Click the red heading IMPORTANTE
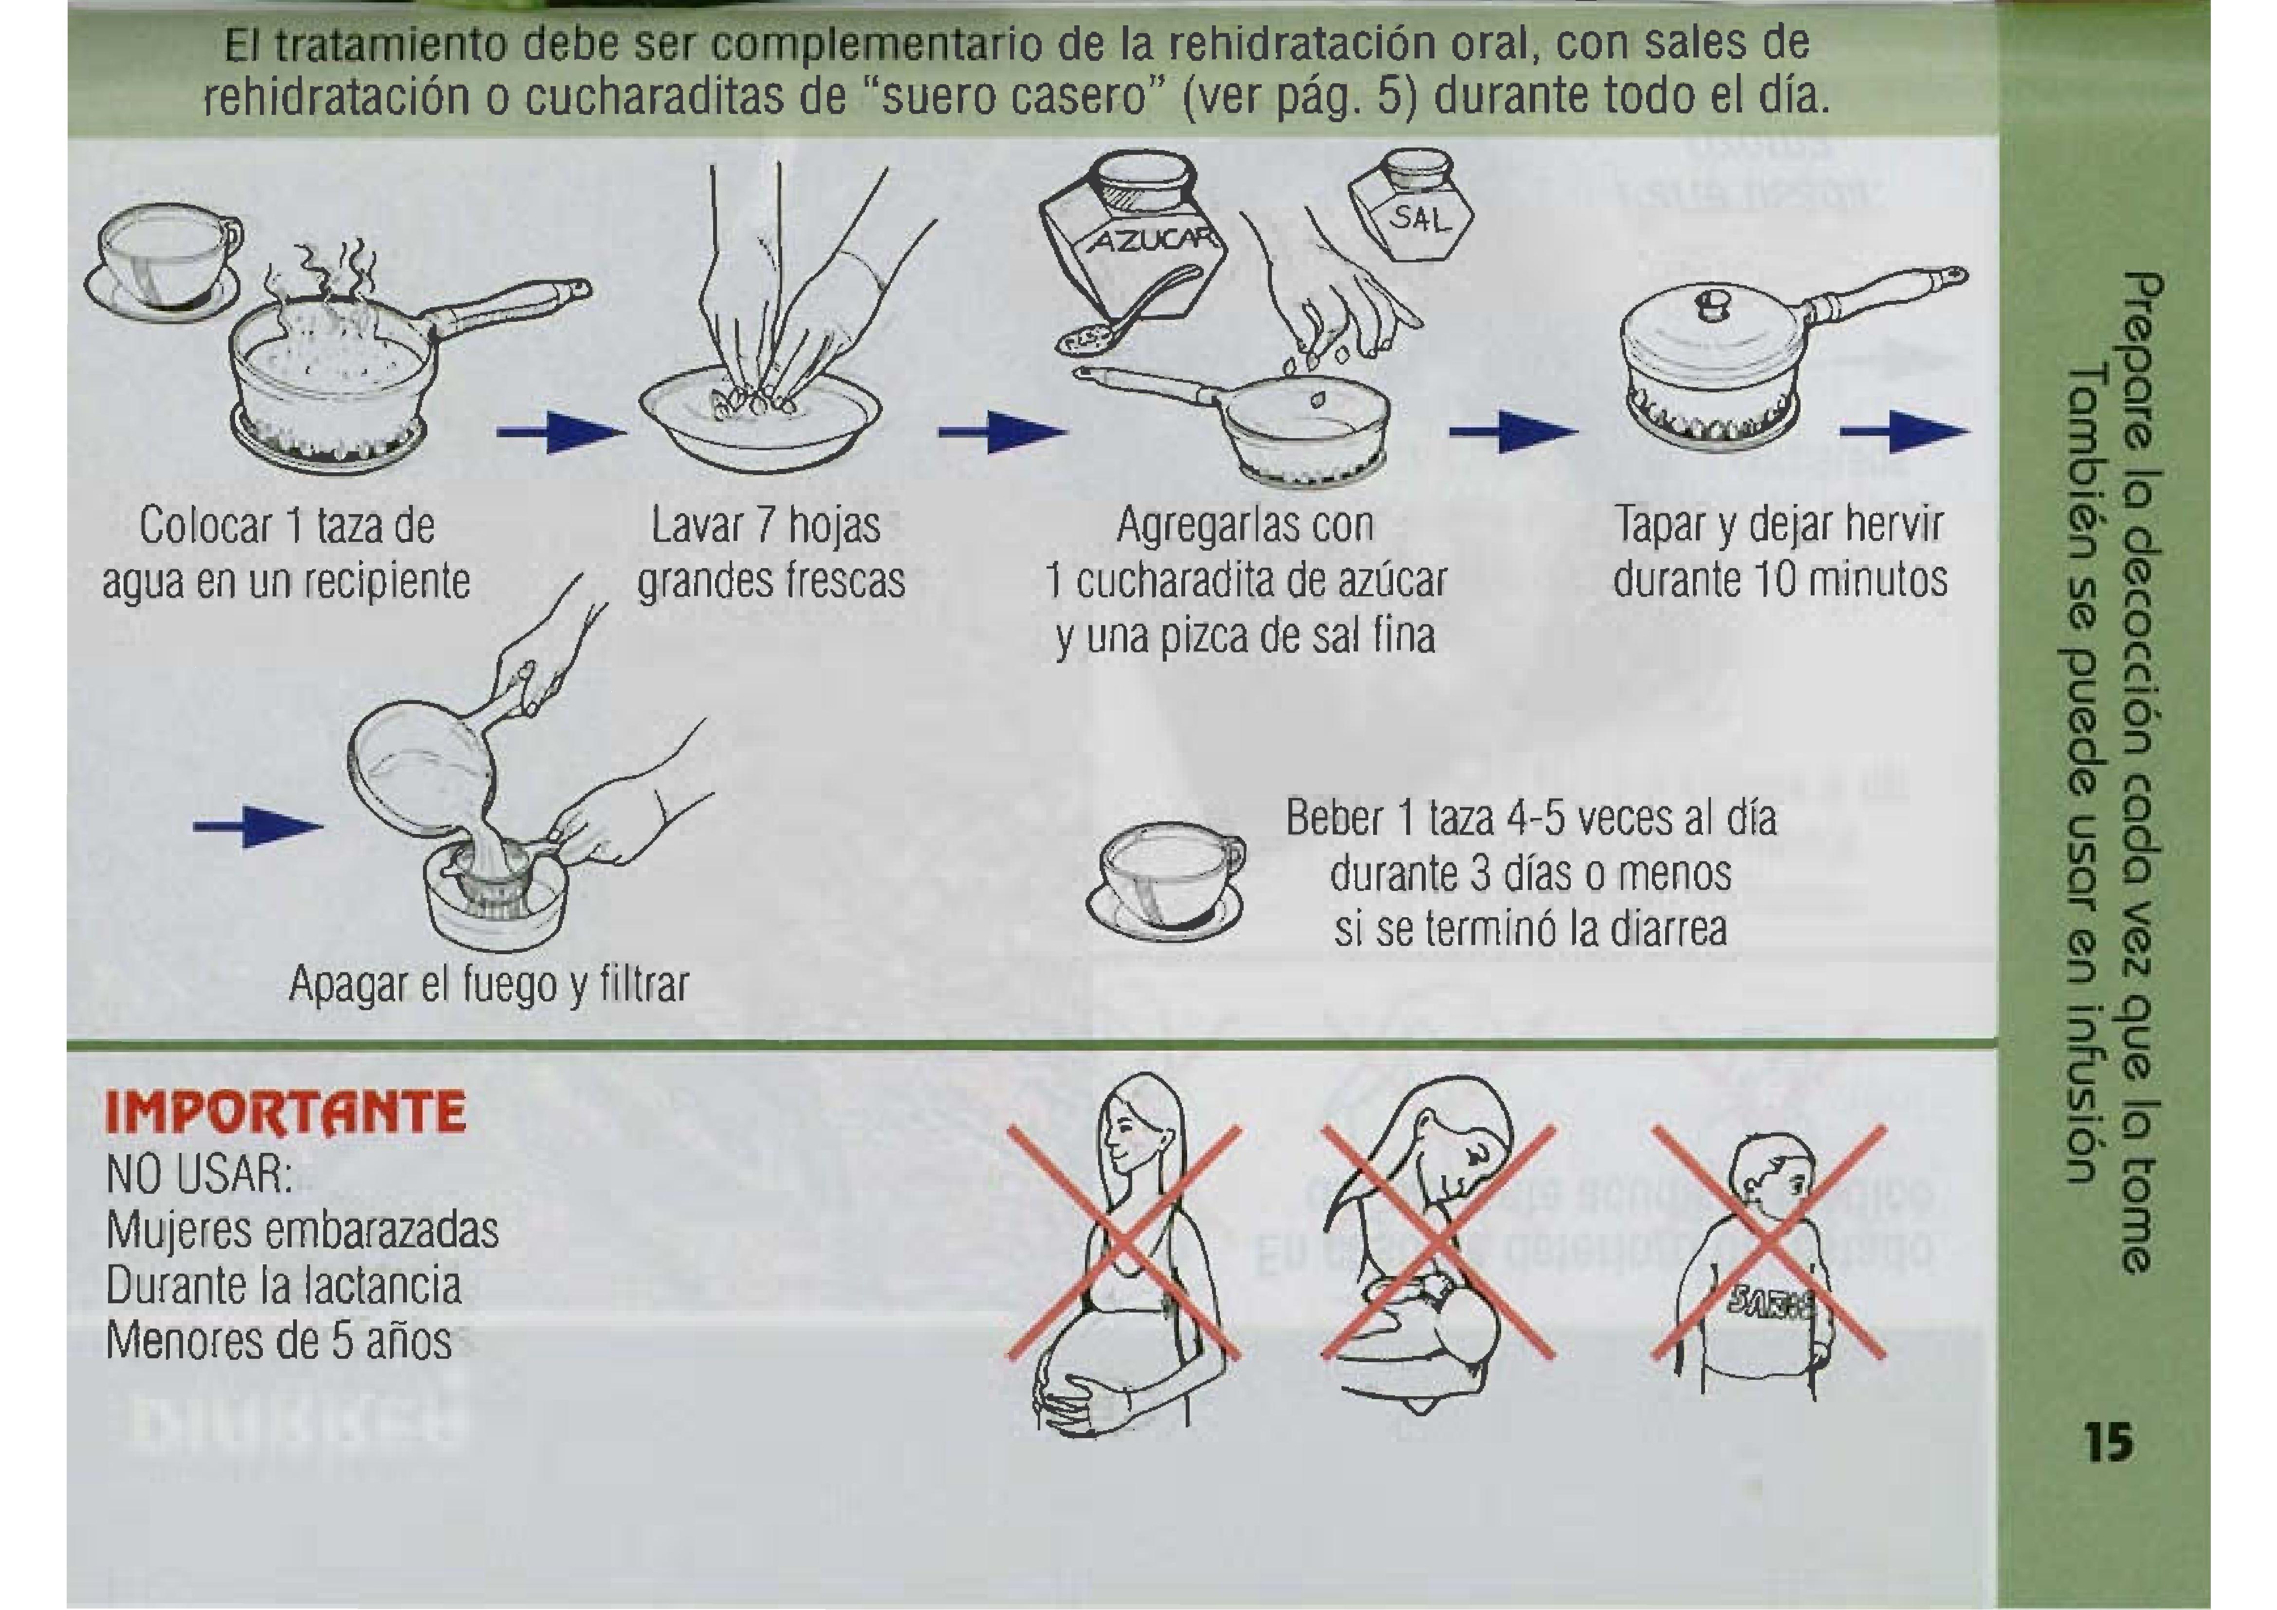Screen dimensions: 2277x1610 (x=285, y=1113)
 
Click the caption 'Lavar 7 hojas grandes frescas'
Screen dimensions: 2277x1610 (x=771, y=553)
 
